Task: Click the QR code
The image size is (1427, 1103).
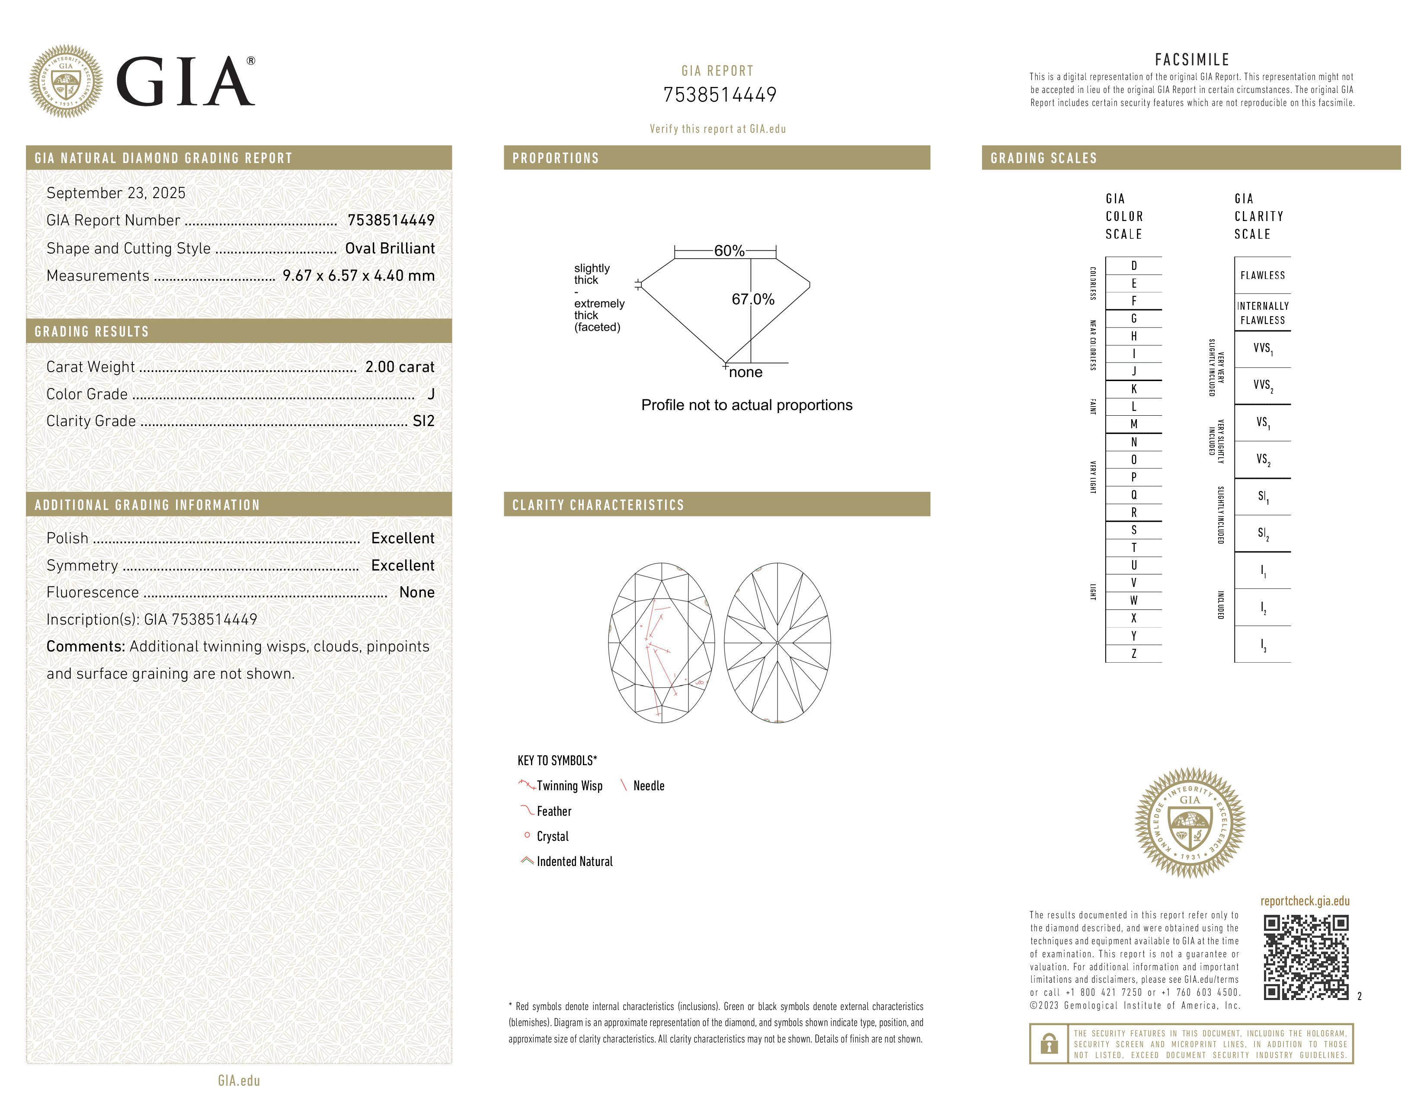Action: (1305, 957)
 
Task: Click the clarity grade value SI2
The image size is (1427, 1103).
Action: (423, 421)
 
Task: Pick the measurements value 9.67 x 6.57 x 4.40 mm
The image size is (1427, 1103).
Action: (358, 276)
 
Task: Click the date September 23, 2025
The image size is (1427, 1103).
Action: (115, 193)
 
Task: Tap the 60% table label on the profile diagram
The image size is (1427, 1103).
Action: (729, 251)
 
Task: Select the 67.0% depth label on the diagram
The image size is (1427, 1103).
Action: (753, 299)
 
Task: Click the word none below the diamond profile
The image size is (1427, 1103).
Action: (745, 372)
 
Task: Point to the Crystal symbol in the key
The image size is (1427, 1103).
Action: (527, 836)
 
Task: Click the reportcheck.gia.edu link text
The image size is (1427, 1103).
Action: (1305, 901)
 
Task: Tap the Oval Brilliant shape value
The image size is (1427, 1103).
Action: (390, 248)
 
